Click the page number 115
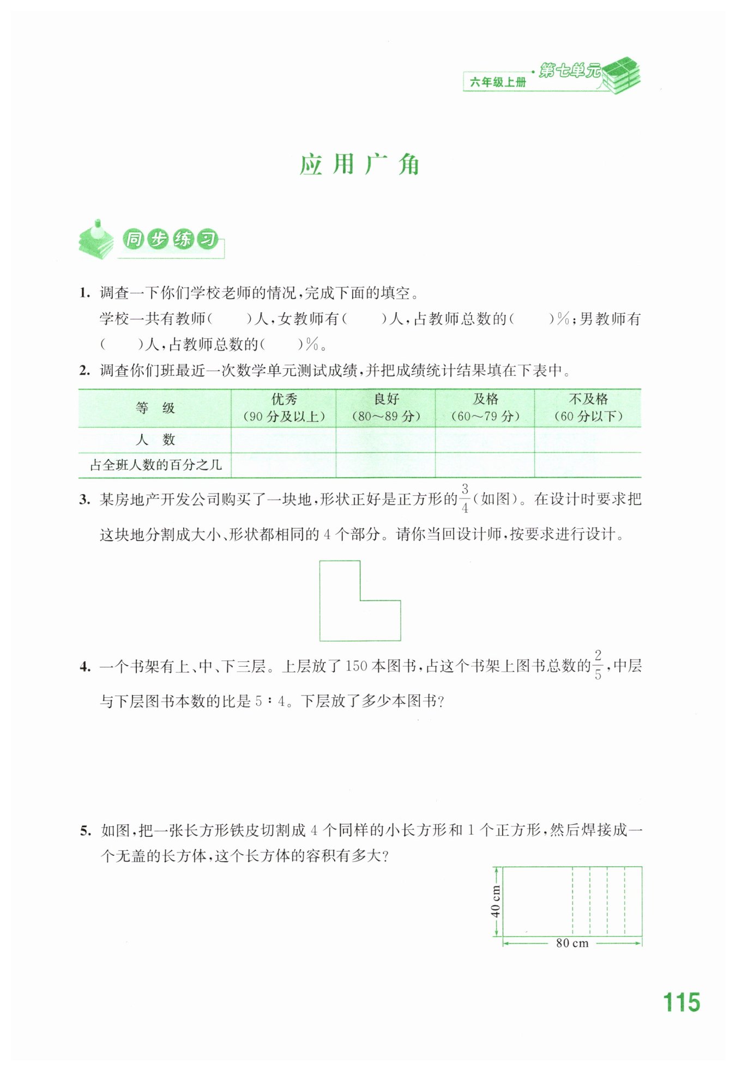[681, 1002]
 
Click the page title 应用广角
[360, 165]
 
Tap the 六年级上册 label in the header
[498, 82]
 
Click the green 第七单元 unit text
[569, 70]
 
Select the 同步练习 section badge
[170, 240]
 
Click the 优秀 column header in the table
[283, 407]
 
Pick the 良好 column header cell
[386, 407]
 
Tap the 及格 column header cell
[485, 407]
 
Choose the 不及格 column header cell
[588, 407]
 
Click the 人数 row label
[155, 440]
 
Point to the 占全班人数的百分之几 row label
[155, 465]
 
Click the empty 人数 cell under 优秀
[283, 440]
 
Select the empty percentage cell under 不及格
[588, 465]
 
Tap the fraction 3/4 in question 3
[464, 498]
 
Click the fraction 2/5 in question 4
[598, 665]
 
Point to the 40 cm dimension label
[495, 902]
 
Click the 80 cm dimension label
[572, 943]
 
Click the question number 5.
[85, 831]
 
